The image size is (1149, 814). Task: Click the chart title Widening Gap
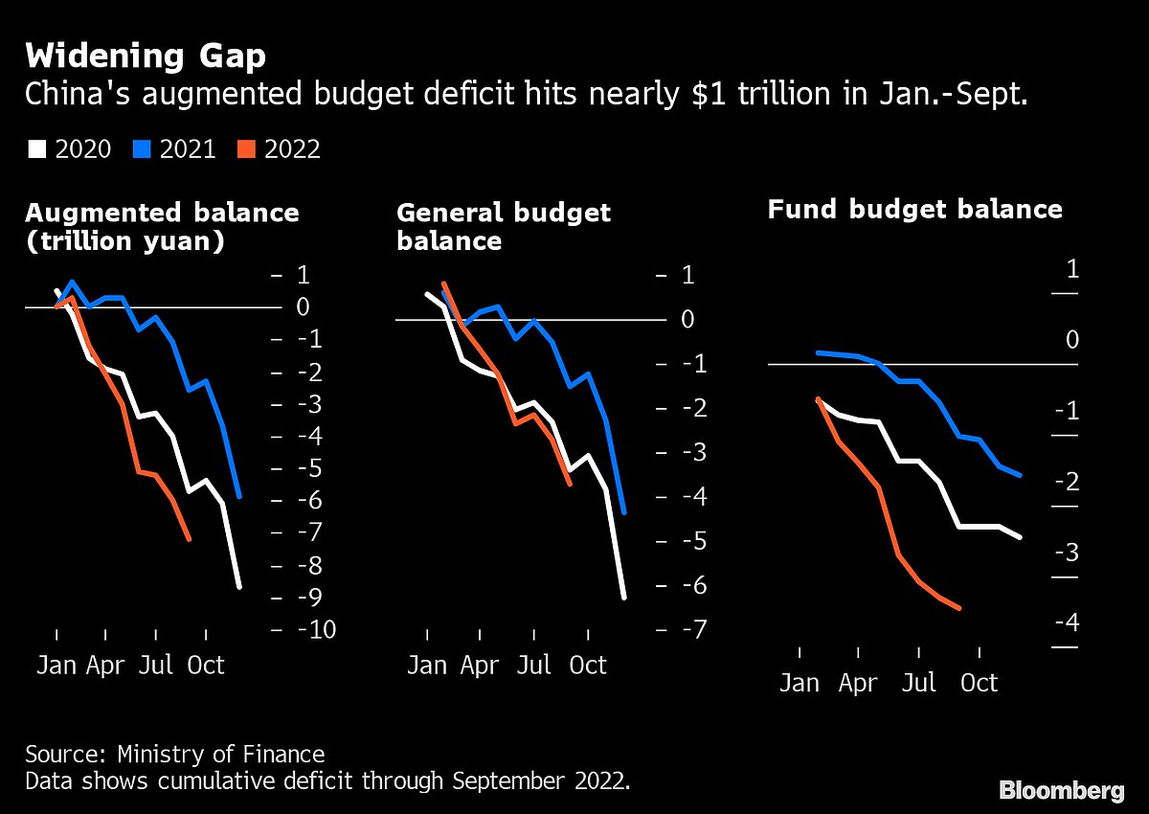pyautogui.click(x=146, y=56)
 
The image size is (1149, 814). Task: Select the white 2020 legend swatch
pyautogui.click(x=37, y=149)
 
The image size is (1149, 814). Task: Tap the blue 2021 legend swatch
pyautogui.click(x=142, y=149)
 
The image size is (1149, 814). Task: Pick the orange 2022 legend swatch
pyautogui.click(x=246, y=149)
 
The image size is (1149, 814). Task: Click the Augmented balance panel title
pyautogui.click(x=162, y=226)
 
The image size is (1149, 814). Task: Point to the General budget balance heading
pyautogui.click(x=503, y=226)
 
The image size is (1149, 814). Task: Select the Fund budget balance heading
pyautogui.click(x=914, y=209)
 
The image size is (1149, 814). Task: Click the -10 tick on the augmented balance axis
pyautogui.click(x=314, y=629)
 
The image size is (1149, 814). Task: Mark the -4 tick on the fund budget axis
pyautogui.click(x=1067, y=623)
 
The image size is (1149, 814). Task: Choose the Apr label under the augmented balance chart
pyautogui.click(x=105, y=665)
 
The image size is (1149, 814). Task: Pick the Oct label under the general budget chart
pyautogui.click(x=588, y=665)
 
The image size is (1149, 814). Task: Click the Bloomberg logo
pyautogui.click(x=1061, y=790)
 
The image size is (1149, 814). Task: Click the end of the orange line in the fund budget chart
pyautogui.click(x=958, y=608)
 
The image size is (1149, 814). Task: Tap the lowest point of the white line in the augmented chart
pyautogui.click(x=238, y=586)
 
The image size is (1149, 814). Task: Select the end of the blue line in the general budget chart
pyautogui.click(x=624, y=512)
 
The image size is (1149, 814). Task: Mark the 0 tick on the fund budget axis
pyautogui.click(x=1071, y=341)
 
